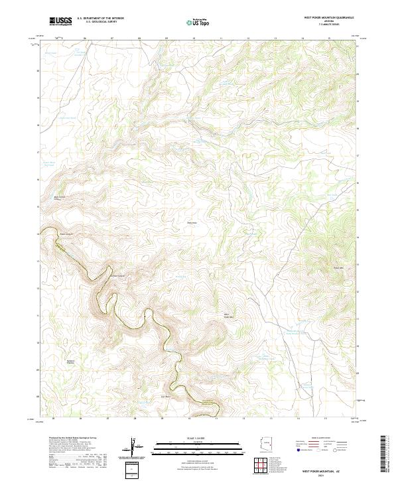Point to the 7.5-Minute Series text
[x=328, y=25]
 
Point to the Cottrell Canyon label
[x=117, y=275]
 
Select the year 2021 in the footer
[x=329, y=475]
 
